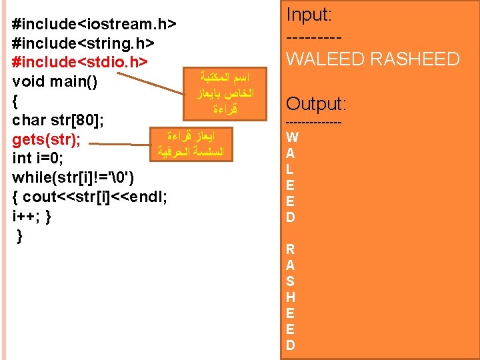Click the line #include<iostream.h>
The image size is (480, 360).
tap(94, 25)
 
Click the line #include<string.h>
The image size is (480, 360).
tap(84, 43)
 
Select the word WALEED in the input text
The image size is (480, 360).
tap(325, 59)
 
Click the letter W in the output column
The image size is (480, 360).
tap(291, 137)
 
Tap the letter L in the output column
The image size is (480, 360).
tap(290, 169)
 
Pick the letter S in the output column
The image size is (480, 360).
tap(290, 281)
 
